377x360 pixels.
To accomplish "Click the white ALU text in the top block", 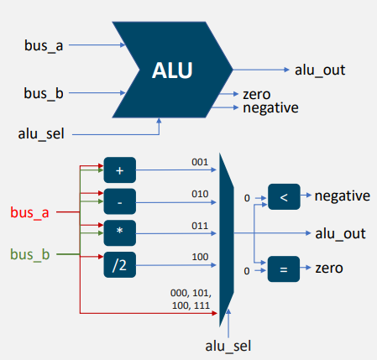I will coord(172,70).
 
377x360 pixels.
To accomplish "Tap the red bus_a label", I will coord(29,213).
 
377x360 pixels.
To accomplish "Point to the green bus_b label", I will coord(29,253).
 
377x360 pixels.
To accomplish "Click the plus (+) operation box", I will coord(119,170).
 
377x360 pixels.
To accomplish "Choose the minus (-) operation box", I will coord(119,201).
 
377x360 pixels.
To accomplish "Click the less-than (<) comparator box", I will coord(283,198).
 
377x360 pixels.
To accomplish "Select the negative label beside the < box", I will coord(342,196).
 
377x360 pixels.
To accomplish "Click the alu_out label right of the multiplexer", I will coord(342,232).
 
